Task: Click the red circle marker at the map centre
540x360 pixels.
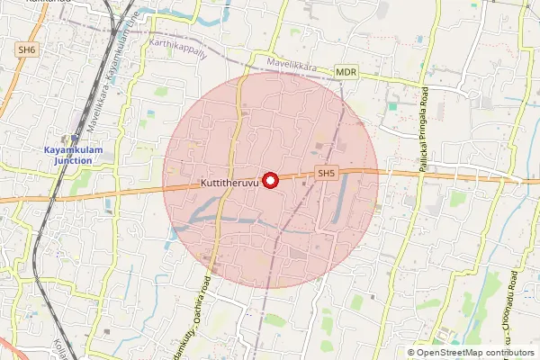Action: pos(270,180)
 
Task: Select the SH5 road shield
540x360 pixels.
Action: pos(326,173)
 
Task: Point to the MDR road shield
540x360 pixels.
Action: pos(346,70)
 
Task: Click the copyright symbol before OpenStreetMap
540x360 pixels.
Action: pos(412,352)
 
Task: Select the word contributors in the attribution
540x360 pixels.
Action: pos(508,352)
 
